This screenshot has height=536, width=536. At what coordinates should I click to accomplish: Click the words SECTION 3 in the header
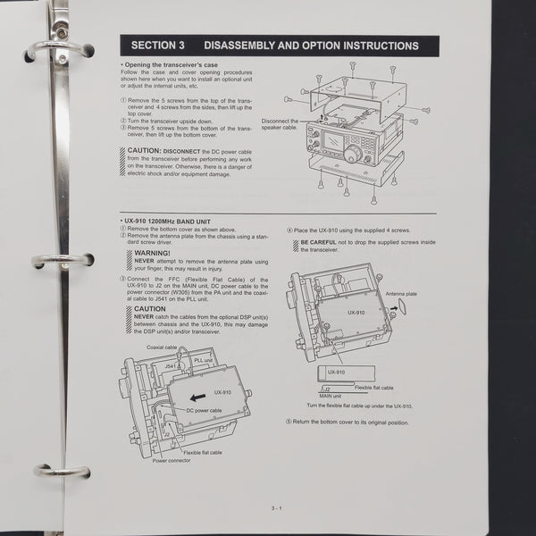[157, 45]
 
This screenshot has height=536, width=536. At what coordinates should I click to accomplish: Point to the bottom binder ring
[61, 470]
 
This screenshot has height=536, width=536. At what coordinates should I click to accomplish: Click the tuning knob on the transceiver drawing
[354, 155]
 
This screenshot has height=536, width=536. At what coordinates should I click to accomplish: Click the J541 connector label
[173, 365]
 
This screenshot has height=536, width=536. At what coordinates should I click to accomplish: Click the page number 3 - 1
[276, 507]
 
